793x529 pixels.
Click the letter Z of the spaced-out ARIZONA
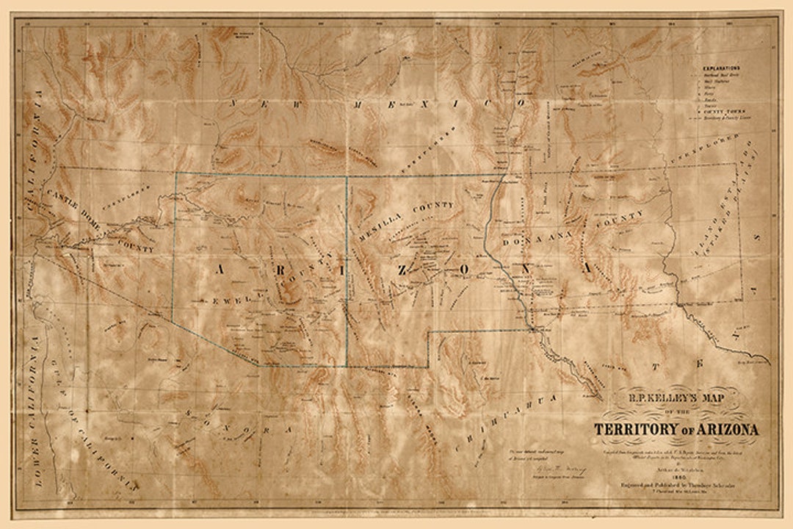[402, 269]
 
